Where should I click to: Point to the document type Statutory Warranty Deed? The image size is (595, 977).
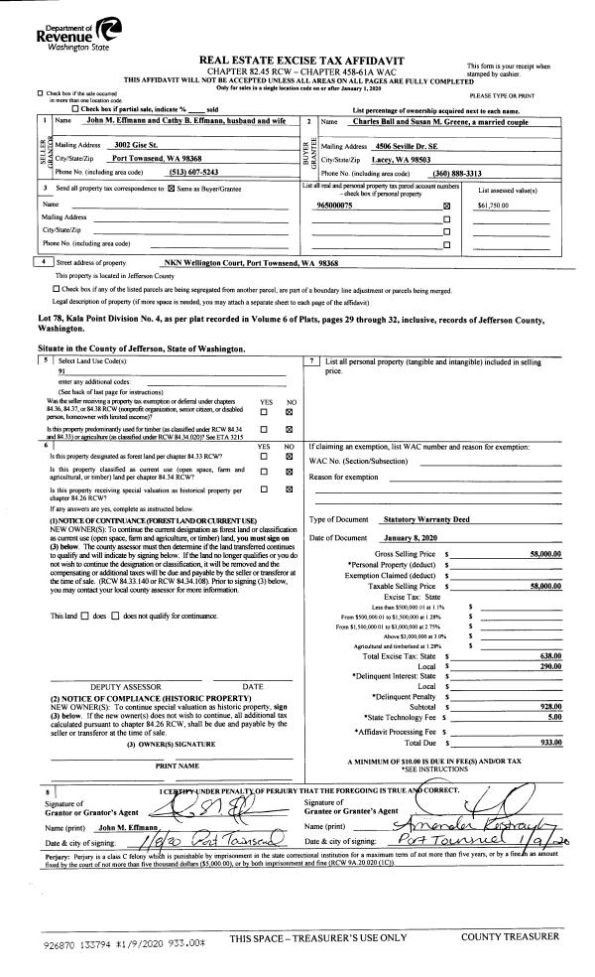pos(426,518)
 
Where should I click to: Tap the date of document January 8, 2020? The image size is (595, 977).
pos(409,537)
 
